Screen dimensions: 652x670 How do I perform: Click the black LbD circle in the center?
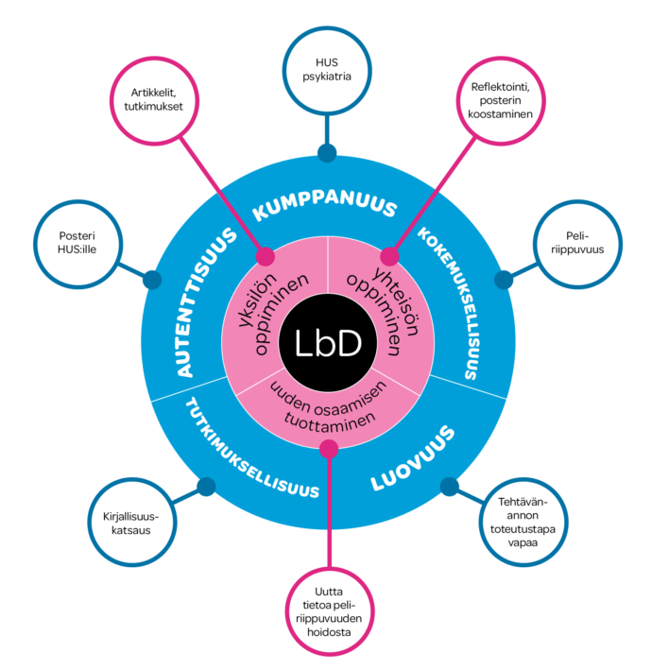(328, 343)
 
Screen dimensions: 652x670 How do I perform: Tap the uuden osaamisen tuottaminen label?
(329, 407)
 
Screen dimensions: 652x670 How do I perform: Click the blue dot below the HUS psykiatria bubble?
(327, 153)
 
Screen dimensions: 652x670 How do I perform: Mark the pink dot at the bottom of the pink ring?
(329, 449)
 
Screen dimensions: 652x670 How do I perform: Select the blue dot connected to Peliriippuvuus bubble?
(504, 280)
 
